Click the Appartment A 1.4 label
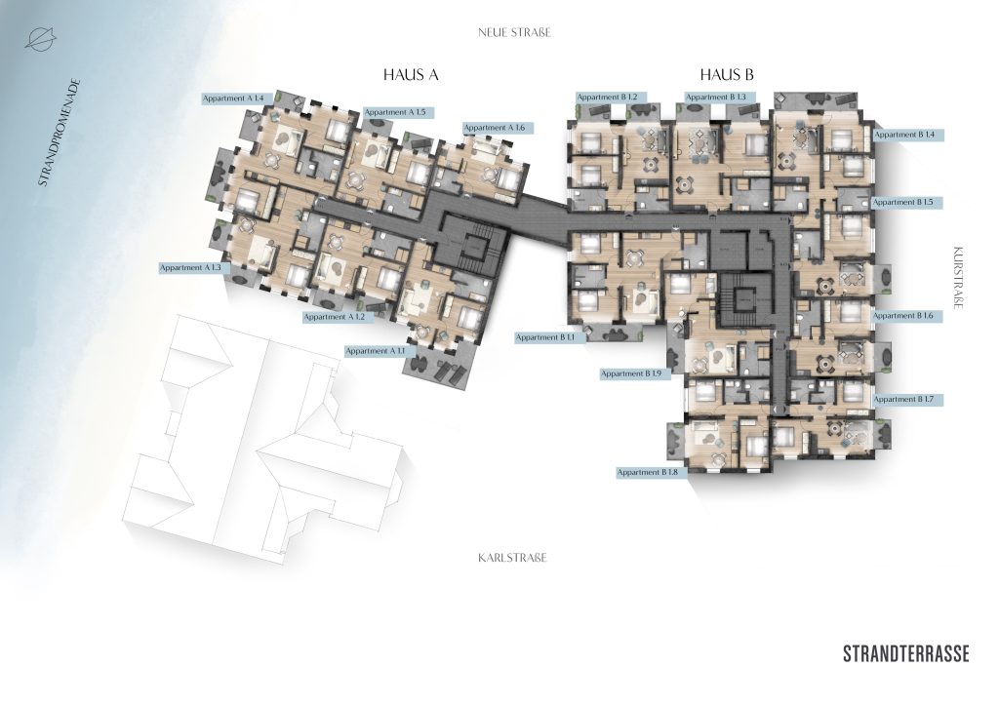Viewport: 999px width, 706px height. pos(238,98)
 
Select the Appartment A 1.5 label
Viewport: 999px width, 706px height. pos(399,113)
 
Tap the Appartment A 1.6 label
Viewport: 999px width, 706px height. pos(499,128)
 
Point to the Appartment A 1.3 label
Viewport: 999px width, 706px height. pos(194,268)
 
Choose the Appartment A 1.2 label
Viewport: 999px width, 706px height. pos(338,316)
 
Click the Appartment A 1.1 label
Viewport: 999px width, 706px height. pos(380,351)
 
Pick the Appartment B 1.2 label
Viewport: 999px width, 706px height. pos(611,98)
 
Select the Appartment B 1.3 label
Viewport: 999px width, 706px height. pos(719,98)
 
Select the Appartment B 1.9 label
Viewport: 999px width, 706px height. pos(635,373)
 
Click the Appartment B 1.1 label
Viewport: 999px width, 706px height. pos(550,337)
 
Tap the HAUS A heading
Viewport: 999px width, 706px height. pos(411,75)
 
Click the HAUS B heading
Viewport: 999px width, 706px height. pos(727,75)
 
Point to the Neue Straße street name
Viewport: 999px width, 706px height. pos(514,32)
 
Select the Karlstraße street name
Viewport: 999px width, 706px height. pos(512,558)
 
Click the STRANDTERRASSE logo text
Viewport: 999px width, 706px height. pos(906,653)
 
